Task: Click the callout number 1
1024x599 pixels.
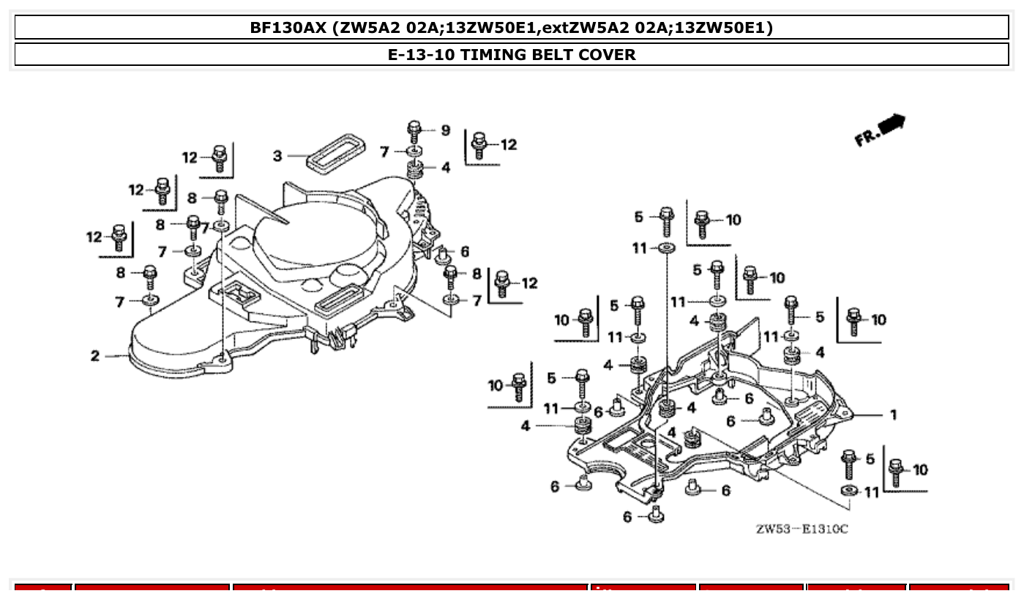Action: pos(893,415)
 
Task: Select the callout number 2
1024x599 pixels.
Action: pos(95,356)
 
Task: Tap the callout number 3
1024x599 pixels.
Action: pos(277,155)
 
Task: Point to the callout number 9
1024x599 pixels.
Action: pos(445,130)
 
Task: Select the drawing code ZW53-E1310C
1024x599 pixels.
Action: pos(801,529)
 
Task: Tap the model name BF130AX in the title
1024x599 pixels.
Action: pos(288,29)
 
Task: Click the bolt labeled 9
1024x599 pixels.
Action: pos(414,132)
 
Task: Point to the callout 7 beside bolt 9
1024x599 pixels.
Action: pos(384,152)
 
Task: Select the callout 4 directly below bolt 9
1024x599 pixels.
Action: pos(445,168)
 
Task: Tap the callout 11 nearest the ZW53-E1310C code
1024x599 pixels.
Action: pos(871,492)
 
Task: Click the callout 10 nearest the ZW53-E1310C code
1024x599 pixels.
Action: pos(920,469)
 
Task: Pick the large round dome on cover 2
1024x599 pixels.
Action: pos(315,234)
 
